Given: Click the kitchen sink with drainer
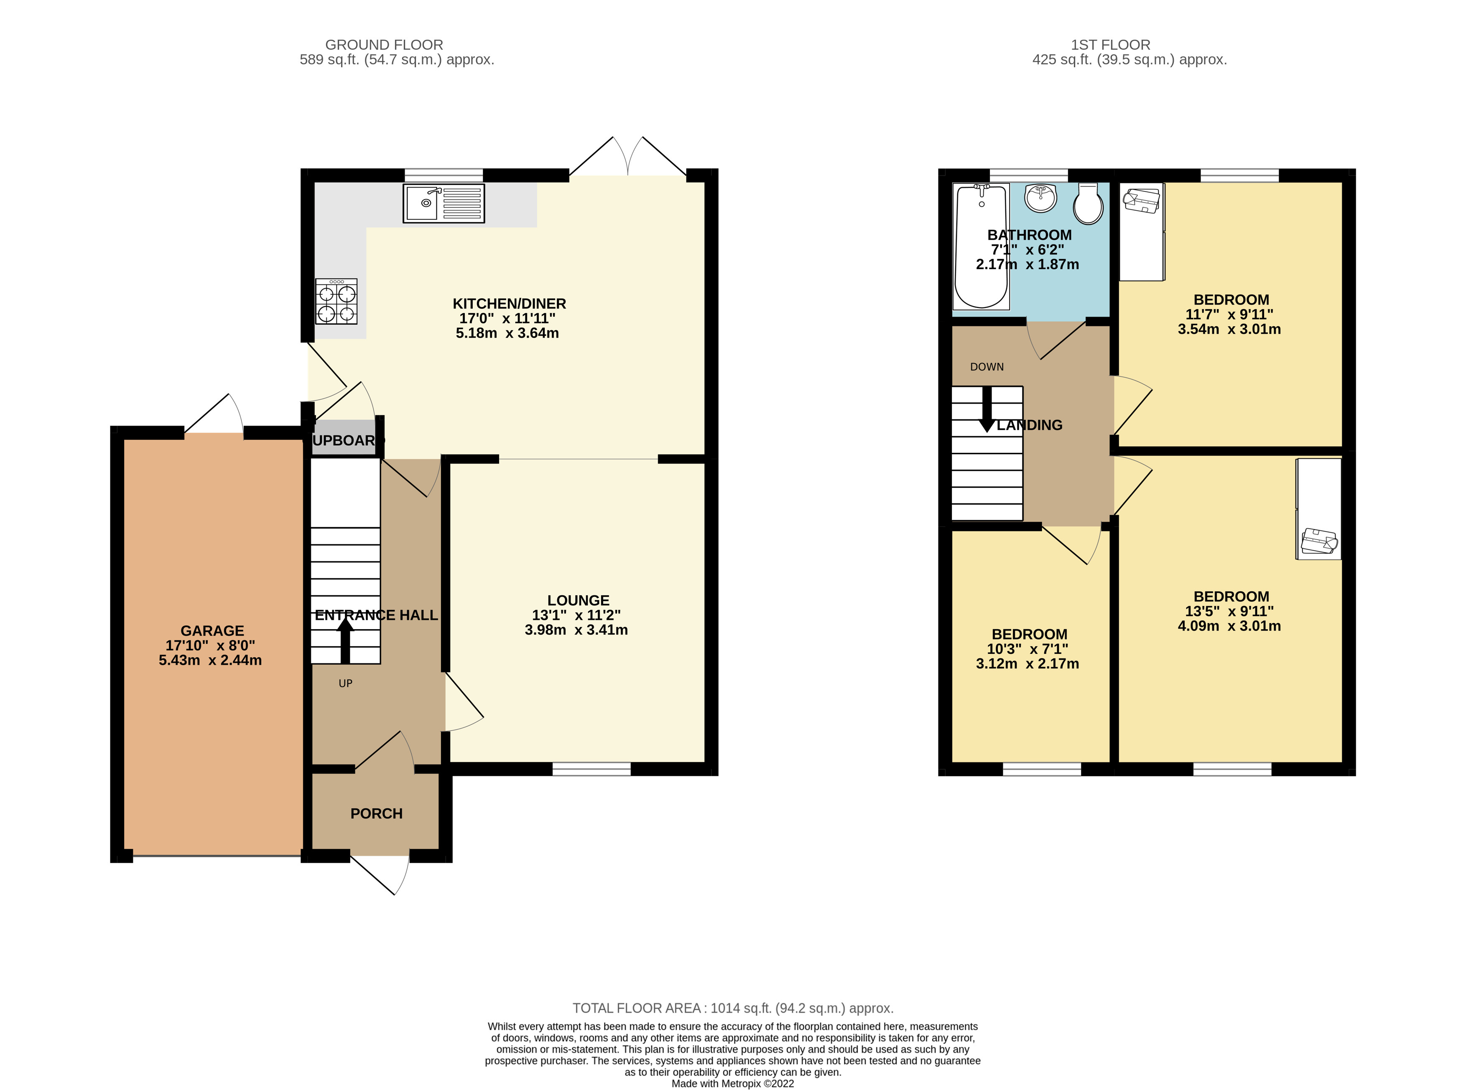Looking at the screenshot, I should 443,203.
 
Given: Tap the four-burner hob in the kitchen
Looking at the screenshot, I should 336,302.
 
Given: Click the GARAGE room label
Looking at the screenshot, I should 212,631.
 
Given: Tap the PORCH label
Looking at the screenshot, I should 376,813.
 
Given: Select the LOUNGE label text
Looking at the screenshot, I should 578,600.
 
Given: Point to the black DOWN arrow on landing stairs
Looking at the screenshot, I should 987,409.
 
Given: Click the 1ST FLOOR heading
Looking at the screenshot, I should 1110,45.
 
